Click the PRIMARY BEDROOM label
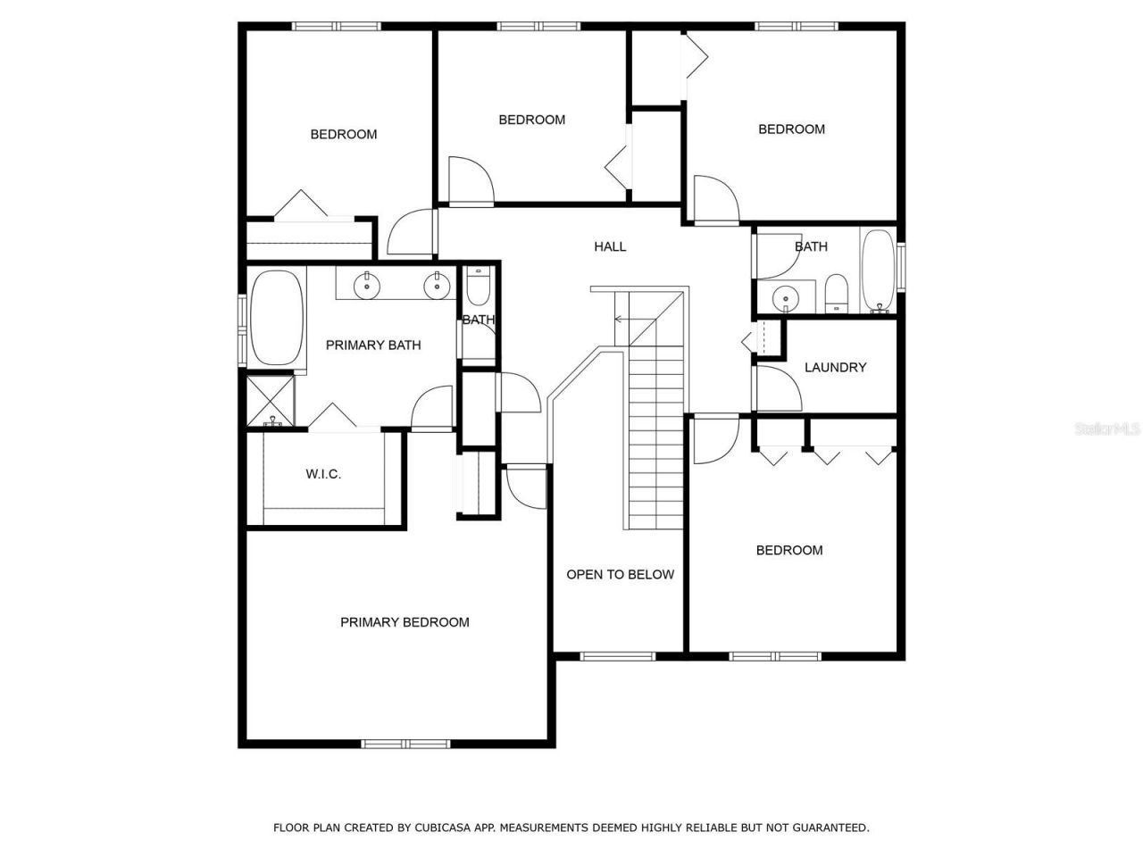(405, 622)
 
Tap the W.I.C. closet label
(323, 474)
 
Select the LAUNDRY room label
(835, 367)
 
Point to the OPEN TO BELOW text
(620, 574)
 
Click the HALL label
(610, 246)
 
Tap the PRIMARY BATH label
(372, 345)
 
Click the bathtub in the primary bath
(277, 318)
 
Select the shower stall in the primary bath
(271, 401)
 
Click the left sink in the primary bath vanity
(366, 287)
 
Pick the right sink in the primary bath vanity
(436, 287)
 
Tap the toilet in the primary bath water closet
(479, 285)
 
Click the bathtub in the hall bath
(879, 270)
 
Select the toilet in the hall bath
(837, 294)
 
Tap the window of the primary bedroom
(405, 744)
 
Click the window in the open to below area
(618, 656)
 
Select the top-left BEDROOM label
(343, 134)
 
